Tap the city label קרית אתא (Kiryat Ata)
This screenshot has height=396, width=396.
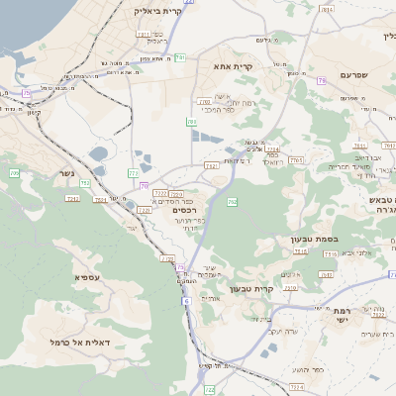[234, 66]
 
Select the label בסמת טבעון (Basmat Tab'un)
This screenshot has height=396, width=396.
[290, 239]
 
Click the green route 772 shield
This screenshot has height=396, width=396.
[134, 173]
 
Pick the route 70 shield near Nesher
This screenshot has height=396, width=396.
[146, 186]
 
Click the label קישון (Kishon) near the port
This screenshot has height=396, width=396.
[34, 112]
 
